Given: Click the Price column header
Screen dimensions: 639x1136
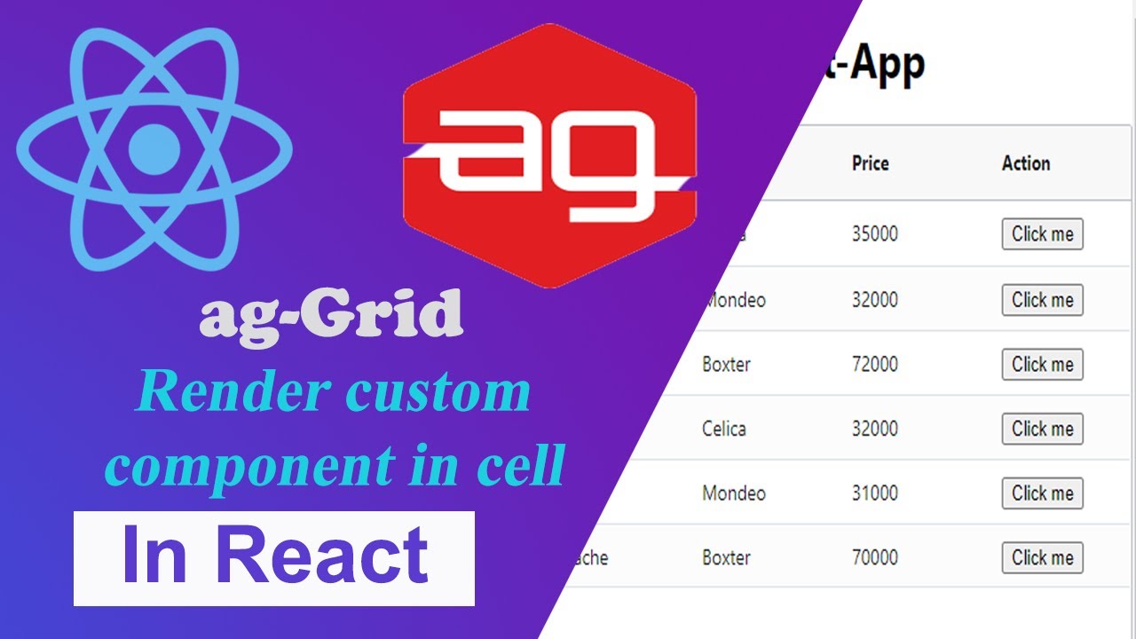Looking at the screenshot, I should [870, 163].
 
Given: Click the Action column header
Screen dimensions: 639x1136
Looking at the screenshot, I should [1025, 163].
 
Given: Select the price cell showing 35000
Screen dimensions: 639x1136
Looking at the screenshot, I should [874, 234].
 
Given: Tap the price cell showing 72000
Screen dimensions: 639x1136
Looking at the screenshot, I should [874, 365].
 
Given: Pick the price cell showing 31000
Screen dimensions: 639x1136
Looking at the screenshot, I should [874, 493].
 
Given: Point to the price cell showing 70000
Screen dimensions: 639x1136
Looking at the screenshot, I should [874, 558].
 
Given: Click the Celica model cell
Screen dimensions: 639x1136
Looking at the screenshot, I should [723, 430].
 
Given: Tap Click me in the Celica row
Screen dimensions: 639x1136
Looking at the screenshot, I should [1042, 430].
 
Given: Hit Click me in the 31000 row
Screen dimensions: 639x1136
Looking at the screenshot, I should [1042, 493].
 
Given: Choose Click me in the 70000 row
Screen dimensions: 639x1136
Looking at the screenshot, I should [1042, 558].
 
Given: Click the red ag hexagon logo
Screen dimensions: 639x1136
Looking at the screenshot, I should [549, 155].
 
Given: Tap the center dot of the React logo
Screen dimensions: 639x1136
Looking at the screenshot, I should [154, 148].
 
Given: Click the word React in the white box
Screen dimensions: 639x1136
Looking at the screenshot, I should [323, 556].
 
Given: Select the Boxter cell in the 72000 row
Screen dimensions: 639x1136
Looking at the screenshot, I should [725, 365].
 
